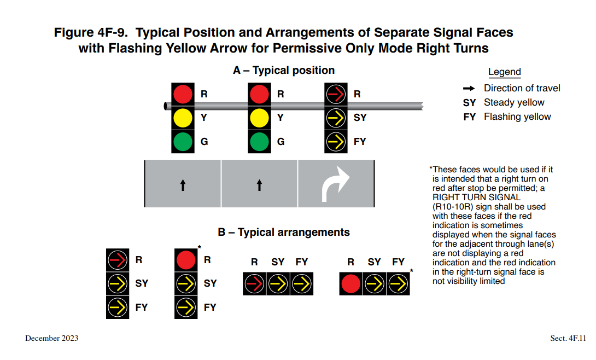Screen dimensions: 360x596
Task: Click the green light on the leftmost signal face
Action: point(183,142)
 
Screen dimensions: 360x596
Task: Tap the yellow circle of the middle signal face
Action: point(259,118)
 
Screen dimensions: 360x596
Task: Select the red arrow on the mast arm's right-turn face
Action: point(336,94)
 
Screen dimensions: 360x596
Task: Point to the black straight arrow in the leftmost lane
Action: point(183,185)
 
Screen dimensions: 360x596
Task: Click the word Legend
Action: point(504,72)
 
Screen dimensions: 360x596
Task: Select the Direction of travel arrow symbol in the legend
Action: point(469,88)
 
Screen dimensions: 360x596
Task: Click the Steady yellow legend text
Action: point(514,102)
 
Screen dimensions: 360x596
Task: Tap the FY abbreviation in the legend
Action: point(469,117)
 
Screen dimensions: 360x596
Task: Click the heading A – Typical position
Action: point(284,70)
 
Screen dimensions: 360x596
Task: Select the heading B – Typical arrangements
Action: point(284,232)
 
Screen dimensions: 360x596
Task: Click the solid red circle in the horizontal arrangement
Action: point(350,283)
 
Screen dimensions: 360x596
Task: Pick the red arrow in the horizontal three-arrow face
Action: point(254,283)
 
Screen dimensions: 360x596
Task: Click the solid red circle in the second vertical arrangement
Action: point(186,260)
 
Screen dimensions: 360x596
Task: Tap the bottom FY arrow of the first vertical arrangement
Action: point(117,307)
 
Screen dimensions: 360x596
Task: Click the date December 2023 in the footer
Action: point(51,338)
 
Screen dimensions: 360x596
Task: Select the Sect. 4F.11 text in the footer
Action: point(568,338)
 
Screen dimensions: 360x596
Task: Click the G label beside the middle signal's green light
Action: point(281,142)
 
